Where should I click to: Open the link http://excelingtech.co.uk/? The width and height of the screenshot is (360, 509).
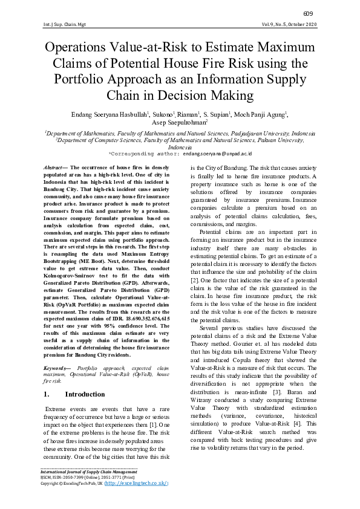pos(137,484)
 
